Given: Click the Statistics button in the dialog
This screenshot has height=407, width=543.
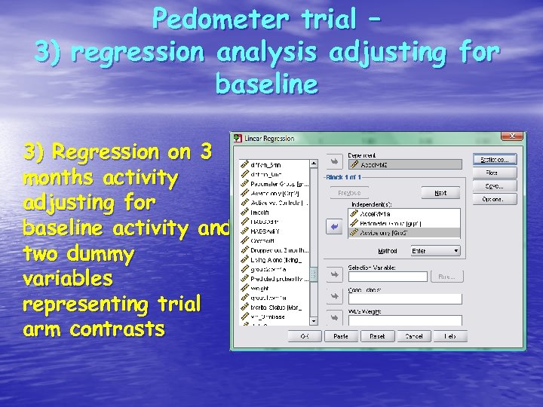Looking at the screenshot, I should tap(495, 159).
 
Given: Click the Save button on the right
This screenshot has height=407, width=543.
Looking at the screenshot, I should tap(495, 186).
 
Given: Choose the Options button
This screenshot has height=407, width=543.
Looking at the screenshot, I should tap(495, 200).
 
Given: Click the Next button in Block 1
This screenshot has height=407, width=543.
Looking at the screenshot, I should tap(440, 193).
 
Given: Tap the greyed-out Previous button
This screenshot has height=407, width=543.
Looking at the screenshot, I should tap(348, 193).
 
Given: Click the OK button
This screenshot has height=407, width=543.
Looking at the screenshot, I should tap(305, 336).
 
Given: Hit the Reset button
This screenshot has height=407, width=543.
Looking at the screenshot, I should tap(377, 336).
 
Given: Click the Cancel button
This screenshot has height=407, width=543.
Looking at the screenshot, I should tap(413, 336).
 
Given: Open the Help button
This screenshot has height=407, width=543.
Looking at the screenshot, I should tap(450, 336).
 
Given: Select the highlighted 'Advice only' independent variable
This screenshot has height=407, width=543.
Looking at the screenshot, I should tap(404, 233).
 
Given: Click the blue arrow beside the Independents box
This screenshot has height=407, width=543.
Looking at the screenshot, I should tap(333, 225).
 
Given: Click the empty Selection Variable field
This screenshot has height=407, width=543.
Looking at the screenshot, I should tap(389, 277).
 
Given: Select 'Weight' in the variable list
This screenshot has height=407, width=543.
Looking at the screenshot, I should tap(260, 288).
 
